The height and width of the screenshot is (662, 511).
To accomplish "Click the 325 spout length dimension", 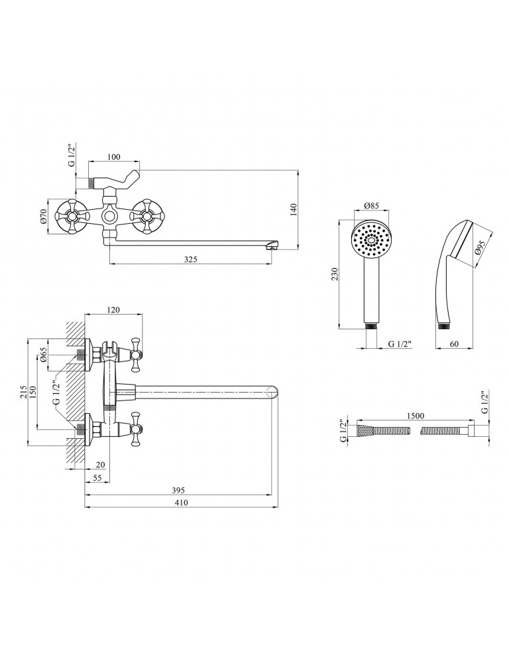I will tap(191, 259).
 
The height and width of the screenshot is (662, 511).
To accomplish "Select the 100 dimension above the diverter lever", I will tap(113, 157).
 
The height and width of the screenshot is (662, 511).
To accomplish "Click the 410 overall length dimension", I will tap(181, 503).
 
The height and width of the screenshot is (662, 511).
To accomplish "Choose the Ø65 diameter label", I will tap(44, 356).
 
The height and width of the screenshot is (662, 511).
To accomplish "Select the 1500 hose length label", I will tap(416, 416).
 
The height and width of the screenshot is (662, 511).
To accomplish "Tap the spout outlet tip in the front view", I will tap(271, 247).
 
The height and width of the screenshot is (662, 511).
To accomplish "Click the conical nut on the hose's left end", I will tap(363, 430).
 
